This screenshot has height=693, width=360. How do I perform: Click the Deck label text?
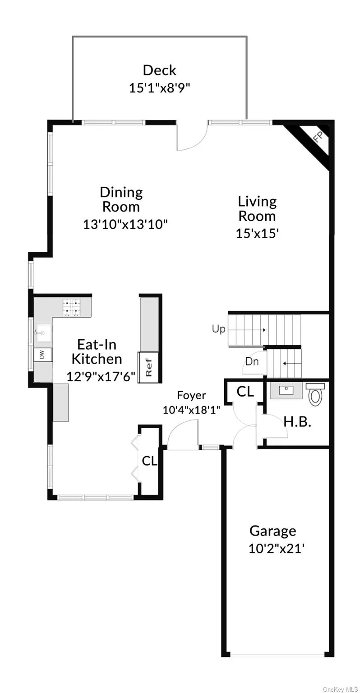pos(159,70)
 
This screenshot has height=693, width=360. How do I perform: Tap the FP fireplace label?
pos(318,136)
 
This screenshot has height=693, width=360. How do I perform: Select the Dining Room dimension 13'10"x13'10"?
pos(125,224)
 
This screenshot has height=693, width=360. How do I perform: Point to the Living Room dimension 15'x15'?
pos(257,233)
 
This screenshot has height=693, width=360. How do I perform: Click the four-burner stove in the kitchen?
pos(71,307)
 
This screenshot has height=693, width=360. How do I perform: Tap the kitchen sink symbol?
pos(43,333)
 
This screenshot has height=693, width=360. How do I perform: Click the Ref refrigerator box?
pos(148,367)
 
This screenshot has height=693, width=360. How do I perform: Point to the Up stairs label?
pos(219,329)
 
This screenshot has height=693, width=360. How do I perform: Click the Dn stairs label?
pos(252,361)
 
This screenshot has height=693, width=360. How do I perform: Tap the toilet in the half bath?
pos(315,394)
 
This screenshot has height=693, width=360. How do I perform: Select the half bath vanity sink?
pos(286,390)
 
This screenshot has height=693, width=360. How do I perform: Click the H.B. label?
pos(297,421)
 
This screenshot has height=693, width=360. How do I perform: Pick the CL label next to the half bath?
pos(245,392)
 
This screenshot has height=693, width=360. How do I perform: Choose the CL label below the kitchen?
pos(149,461)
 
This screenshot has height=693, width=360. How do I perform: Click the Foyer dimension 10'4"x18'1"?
pos(191,410)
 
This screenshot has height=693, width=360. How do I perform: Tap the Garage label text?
pos(273,531)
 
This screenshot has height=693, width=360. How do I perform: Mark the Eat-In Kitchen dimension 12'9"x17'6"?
pos(101,377)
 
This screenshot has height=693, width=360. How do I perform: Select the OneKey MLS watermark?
pos(340,689)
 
